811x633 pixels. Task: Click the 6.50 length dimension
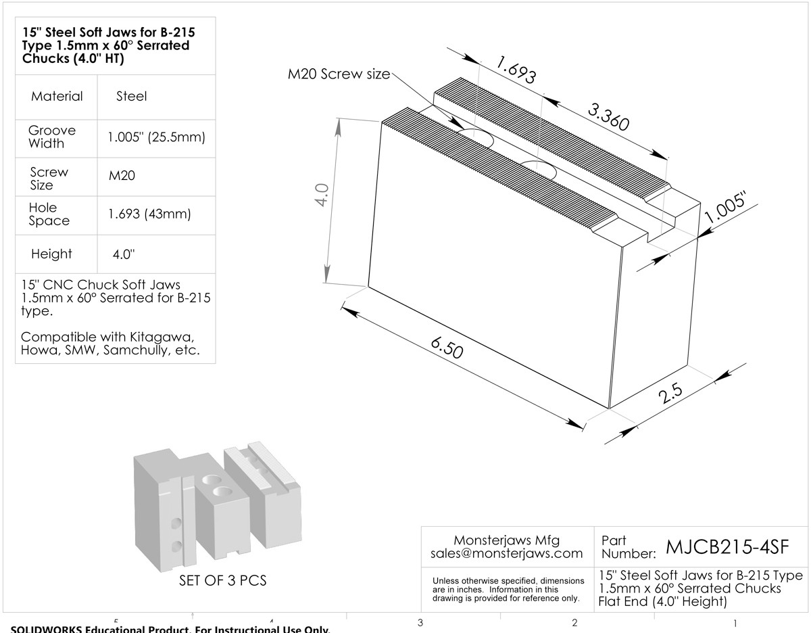447,348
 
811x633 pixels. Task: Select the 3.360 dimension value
609,117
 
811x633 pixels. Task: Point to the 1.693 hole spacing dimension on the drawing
516,70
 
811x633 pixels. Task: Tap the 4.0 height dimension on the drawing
321,195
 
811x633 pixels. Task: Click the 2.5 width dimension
670,393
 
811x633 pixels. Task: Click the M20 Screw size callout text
339,74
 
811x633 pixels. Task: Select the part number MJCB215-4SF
727,546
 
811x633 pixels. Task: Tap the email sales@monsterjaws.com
506,553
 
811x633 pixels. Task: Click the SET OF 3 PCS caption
223,580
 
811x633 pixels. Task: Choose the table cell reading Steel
131,96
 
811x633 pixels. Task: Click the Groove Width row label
52,137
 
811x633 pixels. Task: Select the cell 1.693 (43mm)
149,214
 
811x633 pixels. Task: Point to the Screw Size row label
49,179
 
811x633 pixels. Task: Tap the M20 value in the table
122,176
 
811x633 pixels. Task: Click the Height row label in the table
51,254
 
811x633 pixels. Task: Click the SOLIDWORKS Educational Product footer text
170,629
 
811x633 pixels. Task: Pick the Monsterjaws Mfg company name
506,540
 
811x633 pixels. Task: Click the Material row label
57,96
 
